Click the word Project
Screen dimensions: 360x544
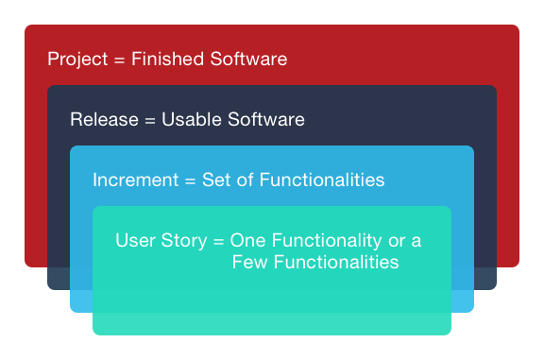pos(77,60)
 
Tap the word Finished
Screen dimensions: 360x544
pos(166,60)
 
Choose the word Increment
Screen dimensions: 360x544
pos(131,180)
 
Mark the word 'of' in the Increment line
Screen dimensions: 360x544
pos(244,180)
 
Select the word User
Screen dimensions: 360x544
pos(134,240)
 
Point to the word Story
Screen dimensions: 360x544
pos(182,241)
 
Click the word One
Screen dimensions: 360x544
pos(247,240)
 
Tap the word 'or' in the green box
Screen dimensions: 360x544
pos(399,240)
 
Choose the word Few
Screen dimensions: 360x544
pos(249,262)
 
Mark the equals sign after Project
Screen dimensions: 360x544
pos(120,60)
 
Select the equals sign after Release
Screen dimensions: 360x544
pos(150,121)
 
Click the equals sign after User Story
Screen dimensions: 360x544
pos(218,241)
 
